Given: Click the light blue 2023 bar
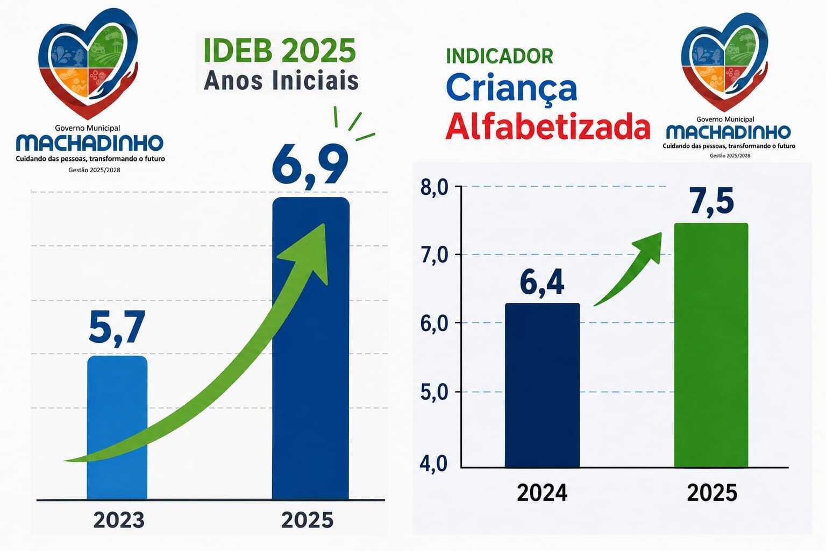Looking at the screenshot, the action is coord(117,427).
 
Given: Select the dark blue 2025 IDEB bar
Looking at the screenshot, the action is coord(310,348).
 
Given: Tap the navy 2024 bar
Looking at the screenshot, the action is coord(542,385).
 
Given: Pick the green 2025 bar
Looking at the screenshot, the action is coord(711,345).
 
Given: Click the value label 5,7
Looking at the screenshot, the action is coord(117,328).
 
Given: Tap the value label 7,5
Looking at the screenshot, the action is coord(711,201).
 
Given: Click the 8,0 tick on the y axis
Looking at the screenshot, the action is coord(434,187).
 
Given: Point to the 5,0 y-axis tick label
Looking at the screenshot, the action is coord(434,392).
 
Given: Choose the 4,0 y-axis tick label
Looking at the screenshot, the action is coord(433,463).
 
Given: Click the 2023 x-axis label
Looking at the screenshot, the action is coord(119,520).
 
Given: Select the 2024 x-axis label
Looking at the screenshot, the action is coord(542,493).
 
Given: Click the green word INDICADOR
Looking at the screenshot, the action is coord(499,56).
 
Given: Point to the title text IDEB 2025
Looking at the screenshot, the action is coord(280,51).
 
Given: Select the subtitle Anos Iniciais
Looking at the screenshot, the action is coord(281,80).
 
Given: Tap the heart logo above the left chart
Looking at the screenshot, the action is coord(88,63).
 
